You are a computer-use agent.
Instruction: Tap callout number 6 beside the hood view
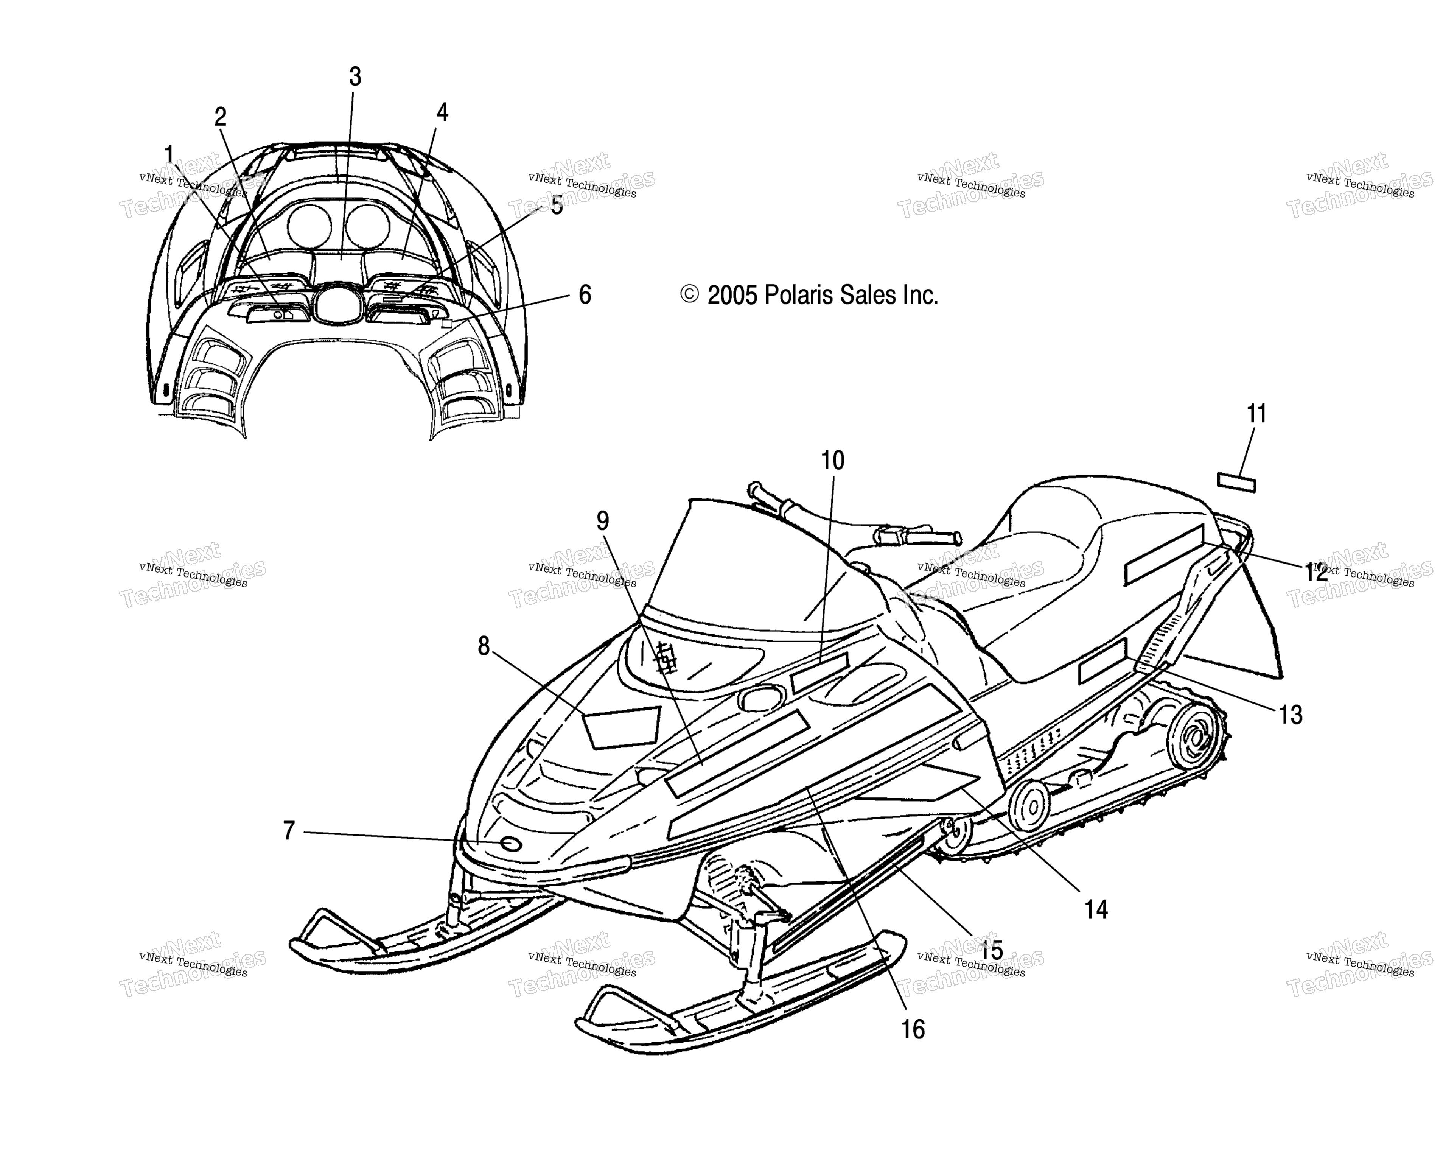coord(585,295)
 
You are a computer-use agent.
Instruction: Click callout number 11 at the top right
coord(1257,414)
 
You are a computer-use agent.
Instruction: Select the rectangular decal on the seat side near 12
coord(1164,555)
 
